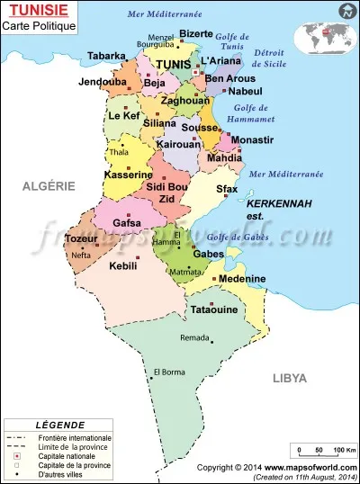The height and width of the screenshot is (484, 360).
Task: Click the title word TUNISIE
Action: click(34, 10)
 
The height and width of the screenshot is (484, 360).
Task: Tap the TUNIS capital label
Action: click(174, 65)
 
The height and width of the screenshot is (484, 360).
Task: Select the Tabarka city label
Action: click(106, 56)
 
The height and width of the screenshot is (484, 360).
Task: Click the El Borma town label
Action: click(169, 372)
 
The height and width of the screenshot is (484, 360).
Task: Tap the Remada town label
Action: click(195, 337)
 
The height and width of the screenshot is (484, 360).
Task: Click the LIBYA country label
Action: click(290, 378)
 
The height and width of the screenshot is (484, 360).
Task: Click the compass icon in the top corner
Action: click(346, 12)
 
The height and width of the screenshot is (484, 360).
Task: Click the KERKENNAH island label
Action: click(279, 203)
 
